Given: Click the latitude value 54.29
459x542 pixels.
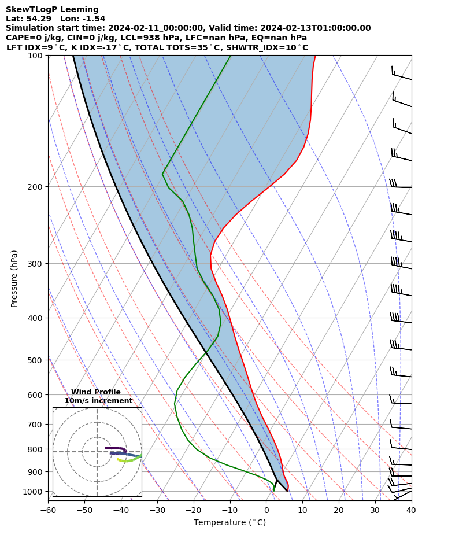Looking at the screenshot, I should click(38, 19).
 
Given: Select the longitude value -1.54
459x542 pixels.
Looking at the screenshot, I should click(92, 19).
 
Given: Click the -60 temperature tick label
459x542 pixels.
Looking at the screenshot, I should click(48, 510).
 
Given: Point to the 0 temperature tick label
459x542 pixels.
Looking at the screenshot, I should click(266, 510).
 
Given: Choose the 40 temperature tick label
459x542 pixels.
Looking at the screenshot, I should click(411, 510).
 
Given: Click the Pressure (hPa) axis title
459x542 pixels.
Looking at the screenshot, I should click(14, 278).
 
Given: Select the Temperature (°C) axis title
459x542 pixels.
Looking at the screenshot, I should click(229, 523).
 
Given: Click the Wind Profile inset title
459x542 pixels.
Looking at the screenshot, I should click(96, 392).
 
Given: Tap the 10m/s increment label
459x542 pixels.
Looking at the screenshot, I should click(98, 401).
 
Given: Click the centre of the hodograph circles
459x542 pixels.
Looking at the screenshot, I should click(97, 452).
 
